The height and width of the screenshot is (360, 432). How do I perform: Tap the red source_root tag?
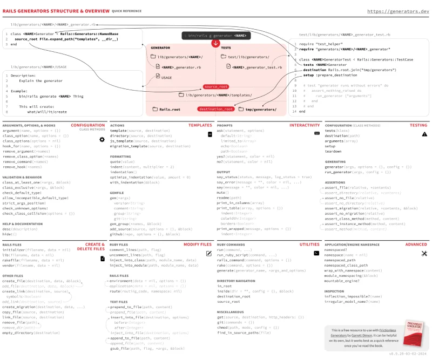point(216,86)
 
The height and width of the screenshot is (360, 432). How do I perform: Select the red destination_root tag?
point(215,109)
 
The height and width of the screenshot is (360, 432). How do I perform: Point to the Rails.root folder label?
point(167,109)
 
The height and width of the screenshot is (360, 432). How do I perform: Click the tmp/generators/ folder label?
point(258,109)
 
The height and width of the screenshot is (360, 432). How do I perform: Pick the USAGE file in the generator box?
point(163,78)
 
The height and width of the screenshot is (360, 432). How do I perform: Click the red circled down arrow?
point(216,43)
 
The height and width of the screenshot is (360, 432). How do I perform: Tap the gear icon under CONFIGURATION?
point(102,139)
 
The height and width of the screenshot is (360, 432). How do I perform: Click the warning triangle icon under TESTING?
point(424,134)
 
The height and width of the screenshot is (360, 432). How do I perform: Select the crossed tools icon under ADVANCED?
point(424,253)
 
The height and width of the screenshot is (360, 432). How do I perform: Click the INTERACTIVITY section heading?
point(305,125)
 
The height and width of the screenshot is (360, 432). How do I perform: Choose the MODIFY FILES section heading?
point(197,244)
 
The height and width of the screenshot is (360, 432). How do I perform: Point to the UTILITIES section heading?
point(309,244)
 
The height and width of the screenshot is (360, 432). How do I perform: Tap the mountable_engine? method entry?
point(347,282)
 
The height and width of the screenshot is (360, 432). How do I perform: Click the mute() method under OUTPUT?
point(222,192)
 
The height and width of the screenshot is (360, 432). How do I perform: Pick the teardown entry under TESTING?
point(334,152)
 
